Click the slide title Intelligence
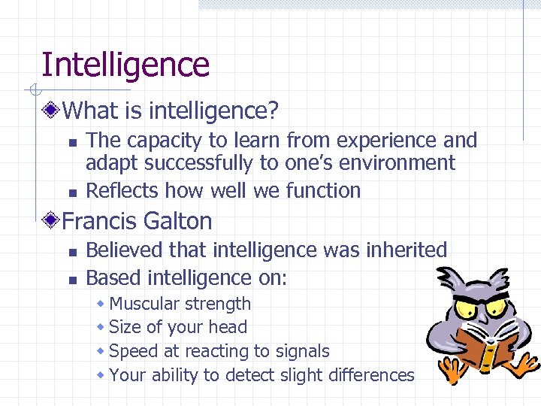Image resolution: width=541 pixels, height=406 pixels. point(125,65)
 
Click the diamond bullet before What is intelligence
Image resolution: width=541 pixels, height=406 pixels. point(51,111)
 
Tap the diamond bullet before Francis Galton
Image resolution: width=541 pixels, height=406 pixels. point(51,221)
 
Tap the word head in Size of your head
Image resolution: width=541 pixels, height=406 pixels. point(228,327)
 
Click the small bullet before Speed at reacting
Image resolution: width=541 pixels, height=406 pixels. point(101,351)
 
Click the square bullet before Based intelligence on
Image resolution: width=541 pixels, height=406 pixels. point(71,280)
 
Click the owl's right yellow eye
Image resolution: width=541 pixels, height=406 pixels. point(495,308)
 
